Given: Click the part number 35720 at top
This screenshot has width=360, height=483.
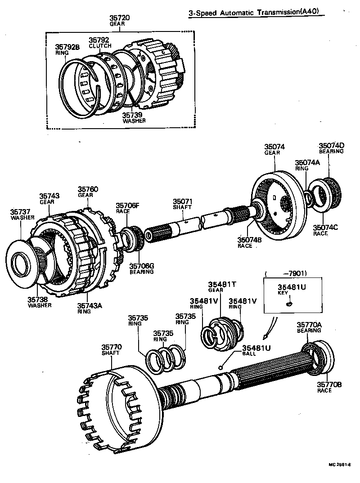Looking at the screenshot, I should click(119, 18).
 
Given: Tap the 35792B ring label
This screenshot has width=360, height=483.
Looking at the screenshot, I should click(67, 49).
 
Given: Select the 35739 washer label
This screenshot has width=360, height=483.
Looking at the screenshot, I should click(134, 118).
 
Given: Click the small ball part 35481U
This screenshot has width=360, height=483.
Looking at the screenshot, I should click(220, 367).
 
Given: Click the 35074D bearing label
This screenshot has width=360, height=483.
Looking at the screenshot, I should click(332, 148).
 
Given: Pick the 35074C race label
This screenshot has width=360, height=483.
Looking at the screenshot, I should click(326, 230).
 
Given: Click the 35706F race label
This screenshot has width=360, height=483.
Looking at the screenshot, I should click(127, 208).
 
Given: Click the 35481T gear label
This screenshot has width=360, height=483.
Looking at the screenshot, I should click(219, 286).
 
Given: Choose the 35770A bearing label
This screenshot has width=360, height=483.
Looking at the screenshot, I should click(309, 327).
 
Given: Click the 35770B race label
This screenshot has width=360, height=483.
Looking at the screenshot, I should click(329, 387).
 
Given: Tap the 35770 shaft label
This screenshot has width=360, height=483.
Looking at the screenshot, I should click(111, 349).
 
